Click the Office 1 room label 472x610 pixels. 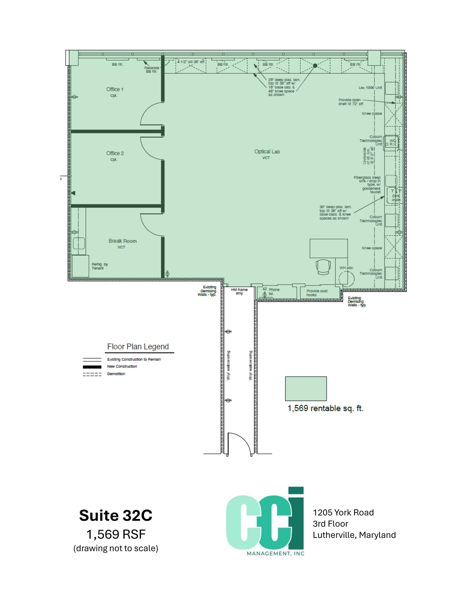click(x=114, y=89)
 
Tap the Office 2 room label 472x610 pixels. click(x=115, y=153)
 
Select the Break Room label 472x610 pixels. click(x=123, y=241)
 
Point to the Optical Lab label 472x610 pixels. click(x=267, y=152)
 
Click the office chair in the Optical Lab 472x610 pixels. click(x=323, y=266)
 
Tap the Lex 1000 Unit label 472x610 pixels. click(x=370, y=88)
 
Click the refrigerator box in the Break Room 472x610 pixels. click(x=80, y=266)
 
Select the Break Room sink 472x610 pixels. click(x=79, y=243)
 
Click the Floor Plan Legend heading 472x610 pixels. click(x=138, y=347)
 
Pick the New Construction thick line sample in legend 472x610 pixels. click(x=92, y=367)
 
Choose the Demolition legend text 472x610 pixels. click(x=116, y=374)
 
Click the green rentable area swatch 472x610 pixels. click(x=306, y=388)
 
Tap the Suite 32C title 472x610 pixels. click(x=116, y=515)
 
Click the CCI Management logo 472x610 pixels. click(x=265, y=522)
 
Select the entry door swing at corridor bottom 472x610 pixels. click(x=239, y=444)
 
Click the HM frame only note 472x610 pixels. click(x=239, y=291)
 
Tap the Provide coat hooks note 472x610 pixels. click(x=317, y=293)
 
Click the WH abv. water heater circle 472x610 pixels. click(x=346, y=279)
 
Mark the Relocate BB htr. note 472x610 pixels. click(x=151, y=69)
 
